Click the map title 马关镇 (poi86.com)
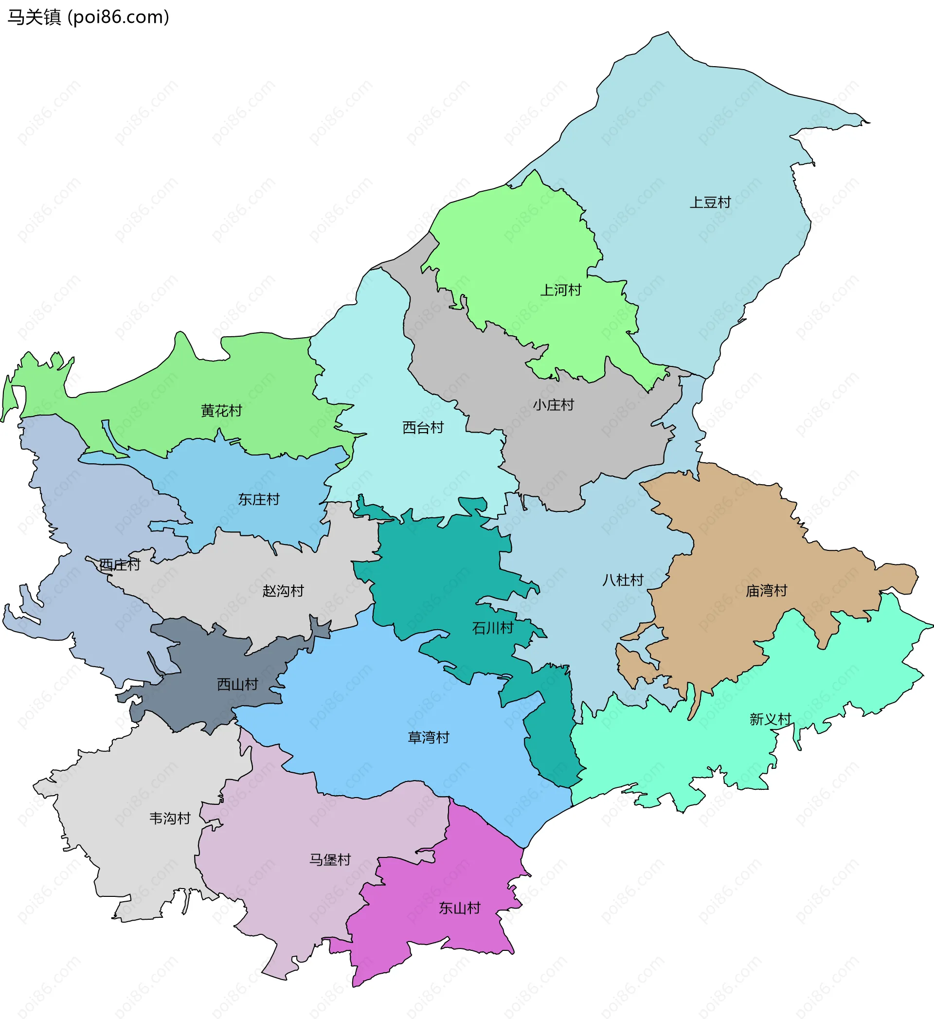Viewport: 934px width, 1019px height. click(89, 17)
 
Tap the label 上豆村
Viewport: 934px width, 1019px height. click(710, 202)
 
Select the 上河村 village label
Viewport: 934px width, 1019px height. click(560, 290)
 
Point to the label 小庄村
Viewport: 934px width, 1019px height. click(553, 405)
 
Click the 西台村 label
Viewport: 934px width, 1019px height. click(423, 428)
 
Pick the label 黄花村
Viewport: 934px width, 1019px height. click(221, 410)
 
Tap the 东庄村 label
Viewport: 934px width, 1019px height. click(259, 499)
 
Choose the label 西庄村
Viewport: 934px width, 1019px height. click(119, 564)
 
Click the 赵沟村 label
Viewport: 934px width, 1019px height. click(283, 591)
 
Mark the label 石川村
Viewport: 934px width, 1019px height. click(492, 628)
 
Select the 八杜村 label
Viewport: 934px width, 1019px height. click(623, 580)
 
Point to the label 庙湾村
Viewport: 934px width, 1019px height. click(766, 590)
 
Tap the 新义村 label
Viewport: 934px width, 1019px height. click(770, 719)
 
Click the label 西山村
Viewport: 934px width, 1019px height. click(237, 684)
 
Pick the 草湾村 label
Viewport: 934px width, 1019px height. click(428, 737)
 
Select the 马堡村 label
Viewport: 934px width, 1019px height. click(330, 860)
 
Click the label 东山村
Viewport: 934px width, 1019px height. click(459, 909)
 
